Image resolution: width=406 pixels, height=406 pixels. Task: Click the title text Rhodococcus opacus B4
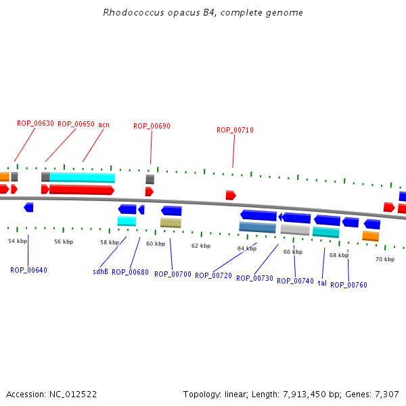202,13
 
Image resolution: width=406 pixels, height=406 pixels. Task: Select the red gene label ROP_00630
35,124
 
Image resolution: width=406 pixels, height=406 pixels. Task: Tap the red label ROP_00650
76,124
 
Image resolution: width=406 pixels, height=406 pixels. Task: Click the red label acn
104,124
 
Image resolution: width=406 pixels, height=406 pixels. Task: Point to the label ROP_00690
152,126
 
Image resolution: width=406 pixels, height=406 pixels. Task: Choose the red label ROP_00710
235,130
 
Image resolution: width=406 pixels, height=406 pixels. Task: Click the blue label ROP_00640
28,270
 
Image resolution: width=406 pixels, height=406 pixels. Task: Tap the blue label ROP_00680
130,272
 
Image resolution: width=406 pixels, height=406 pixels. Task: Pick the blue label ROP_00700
173,274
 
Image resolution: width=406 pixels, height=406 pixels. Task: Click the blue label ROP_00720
213,275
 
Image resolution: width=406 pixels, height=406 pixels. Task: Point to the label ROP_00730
254,278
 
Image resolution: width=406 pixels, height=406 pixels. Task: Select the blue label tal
322,283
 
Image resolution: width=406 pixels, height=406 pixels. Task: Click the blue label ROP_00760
348,285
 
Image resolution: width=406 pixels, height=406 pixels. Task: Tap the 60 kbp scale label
156,244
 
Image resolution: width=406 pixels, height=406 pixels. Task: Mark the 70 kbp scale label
385,259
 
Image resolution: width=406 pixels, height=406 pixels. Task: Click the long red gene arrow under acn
81,189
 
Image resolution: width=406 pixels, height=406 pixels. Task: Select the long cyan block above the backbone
82,177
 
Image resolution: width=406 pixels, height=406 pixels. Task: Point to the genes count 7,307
387,394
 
